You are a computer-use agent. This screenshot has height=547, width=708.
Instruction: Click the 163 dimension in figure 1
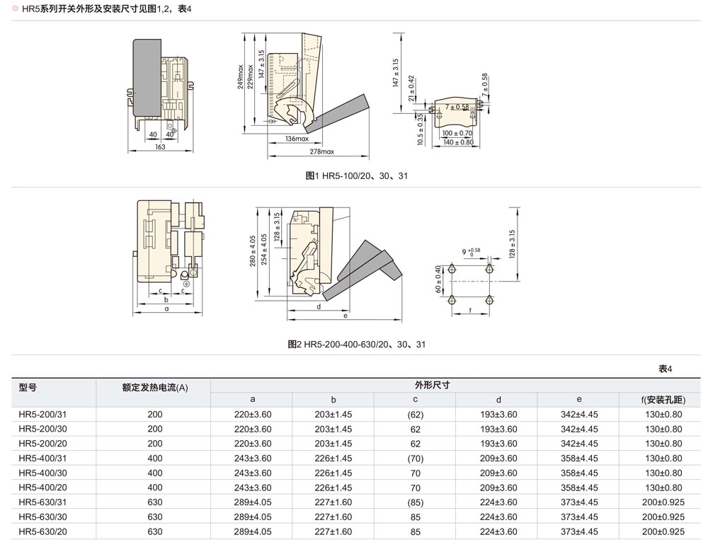click(160, 147)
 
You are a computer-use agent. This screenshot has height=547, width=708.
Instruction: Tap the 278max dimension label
click(321, 151)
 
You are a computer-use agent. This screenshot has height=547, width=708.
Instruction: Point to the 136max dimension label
click(297, 138)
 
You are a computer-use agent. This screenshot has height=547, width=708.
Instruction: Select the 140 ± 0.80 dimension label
click(457, 142)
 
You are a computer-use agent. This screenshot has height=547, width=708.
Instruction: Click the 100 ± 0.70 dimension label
click(457, 133)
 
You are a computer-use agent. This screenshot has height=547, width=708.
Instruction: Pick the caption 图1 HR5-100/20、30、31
click(356, 175)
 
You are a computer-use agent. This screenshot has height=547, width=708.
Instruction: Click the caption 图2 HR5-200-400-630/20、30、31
click(357, 345)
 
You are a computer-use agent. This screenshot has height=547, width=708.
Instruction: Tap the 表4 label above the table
click(665, 369)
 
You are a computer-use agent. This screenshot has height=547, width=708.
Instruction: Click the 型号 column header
click(28, 387)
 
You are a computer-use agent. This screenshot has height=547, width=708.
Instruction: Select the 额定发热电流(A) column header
click(155, 387)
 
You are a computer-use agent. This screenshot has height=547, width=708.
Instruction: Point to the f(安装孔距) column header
click(663, 400)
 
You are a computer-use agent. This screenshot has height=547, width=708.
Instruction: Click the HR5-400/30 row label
click(42, 473)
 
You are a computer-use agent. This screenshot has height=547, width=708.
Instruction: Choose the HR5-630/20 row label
click(42, 531)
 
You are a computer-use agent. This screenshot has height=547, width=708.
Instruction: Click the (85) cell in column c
click(415, 502)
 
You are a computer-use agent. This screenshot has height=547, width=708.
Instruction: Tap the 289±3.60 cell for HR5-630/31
click(253, 502)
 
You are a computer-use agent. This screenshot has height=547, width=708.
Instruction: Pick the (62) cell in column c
click(415, 414)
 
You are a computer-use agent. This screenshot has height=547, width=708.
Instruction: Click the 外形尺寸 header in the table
click(433, 385)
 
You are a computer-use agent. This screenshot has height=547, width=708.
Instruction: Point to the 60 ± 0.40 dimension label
click(439, 280)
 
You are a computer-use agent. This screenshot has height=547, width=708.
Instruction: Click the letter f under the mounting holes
click(470, 311)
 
